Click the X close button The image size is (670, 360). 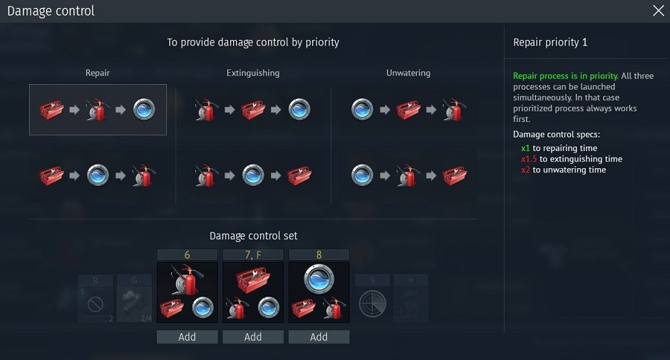click(x=658, y=11)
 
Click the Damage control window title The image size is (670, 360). click(x=51, y=11)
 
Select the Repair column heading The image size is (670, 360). click(x=98, y=73)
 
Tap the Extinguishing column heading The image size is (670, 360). click(x=253, y=73)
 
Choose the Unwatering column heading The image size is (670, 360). click(x=408, y=73)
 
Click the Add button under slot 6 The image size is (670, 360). click(x=187, y=337)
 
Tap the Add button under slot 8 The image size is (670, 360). click(x=319, y=337)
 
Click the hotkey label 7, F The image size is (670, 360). click(x=253, y=255)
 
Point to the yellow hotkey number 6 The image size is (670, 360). click(x=187, y=255)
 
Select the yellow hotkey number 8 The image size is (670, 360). click(x=319, y=255)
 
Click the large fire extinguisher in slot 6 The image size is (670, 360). click(x=187, y=279)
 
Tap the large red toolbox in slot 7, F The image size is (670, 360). click(x=253, y=279)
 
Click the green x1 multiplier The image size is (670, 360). click(x=525, y=148)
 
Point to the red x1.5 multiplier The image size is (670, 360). click(x=529, y=159)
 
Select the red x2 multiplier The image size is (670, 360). click(x=525, y=170)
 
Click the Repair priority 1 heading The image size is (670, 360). click(x=550, y=42)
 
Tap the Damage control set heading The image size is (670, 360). click(x=253, y=236)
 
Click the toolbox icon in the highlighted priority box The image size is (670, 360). click(x=52, y=110)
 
